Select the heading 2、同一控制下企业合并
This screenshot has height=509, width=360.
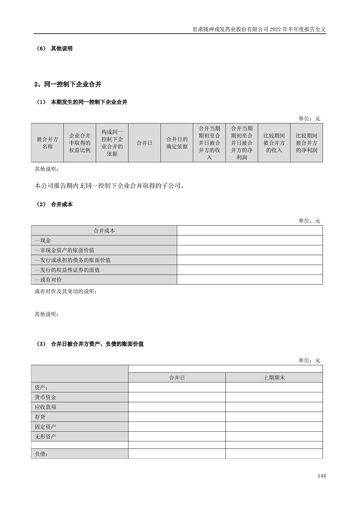(68, 84)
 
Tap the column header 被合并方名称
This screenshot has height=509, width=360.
(47, 143)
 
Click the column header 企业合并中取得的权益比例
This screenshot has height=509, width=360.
(79, 143)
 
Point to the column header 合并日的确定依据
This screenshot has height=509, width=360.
(177, 143)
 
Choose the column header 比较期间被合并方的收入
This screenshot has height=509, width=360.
(274, 143)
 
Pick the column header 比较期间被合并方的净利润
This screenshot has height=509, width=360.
(306, 143)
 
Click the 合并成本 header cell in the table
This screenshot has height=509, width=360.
(104, 230)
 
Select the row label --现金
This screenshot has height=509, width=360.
(43, 240)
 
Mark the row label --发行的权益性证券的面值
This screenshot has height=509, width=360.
(67, 270)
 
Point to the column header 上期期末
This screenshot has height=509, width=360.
(274, 377)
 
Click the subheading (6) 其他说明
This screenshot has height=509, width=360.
(54, 49)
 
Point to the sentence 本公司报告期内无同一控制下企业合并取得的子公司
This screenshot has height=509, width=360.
(109, 186)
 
